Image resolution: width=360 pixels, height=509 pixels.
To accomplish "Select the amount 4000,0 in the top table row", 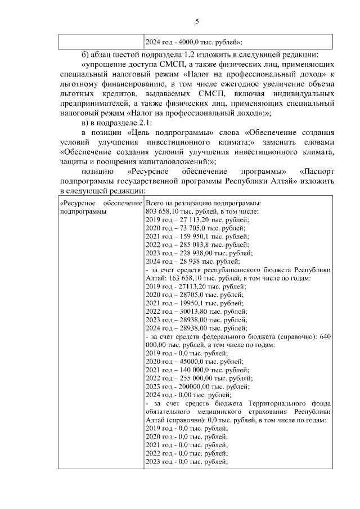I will (188, 42).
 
